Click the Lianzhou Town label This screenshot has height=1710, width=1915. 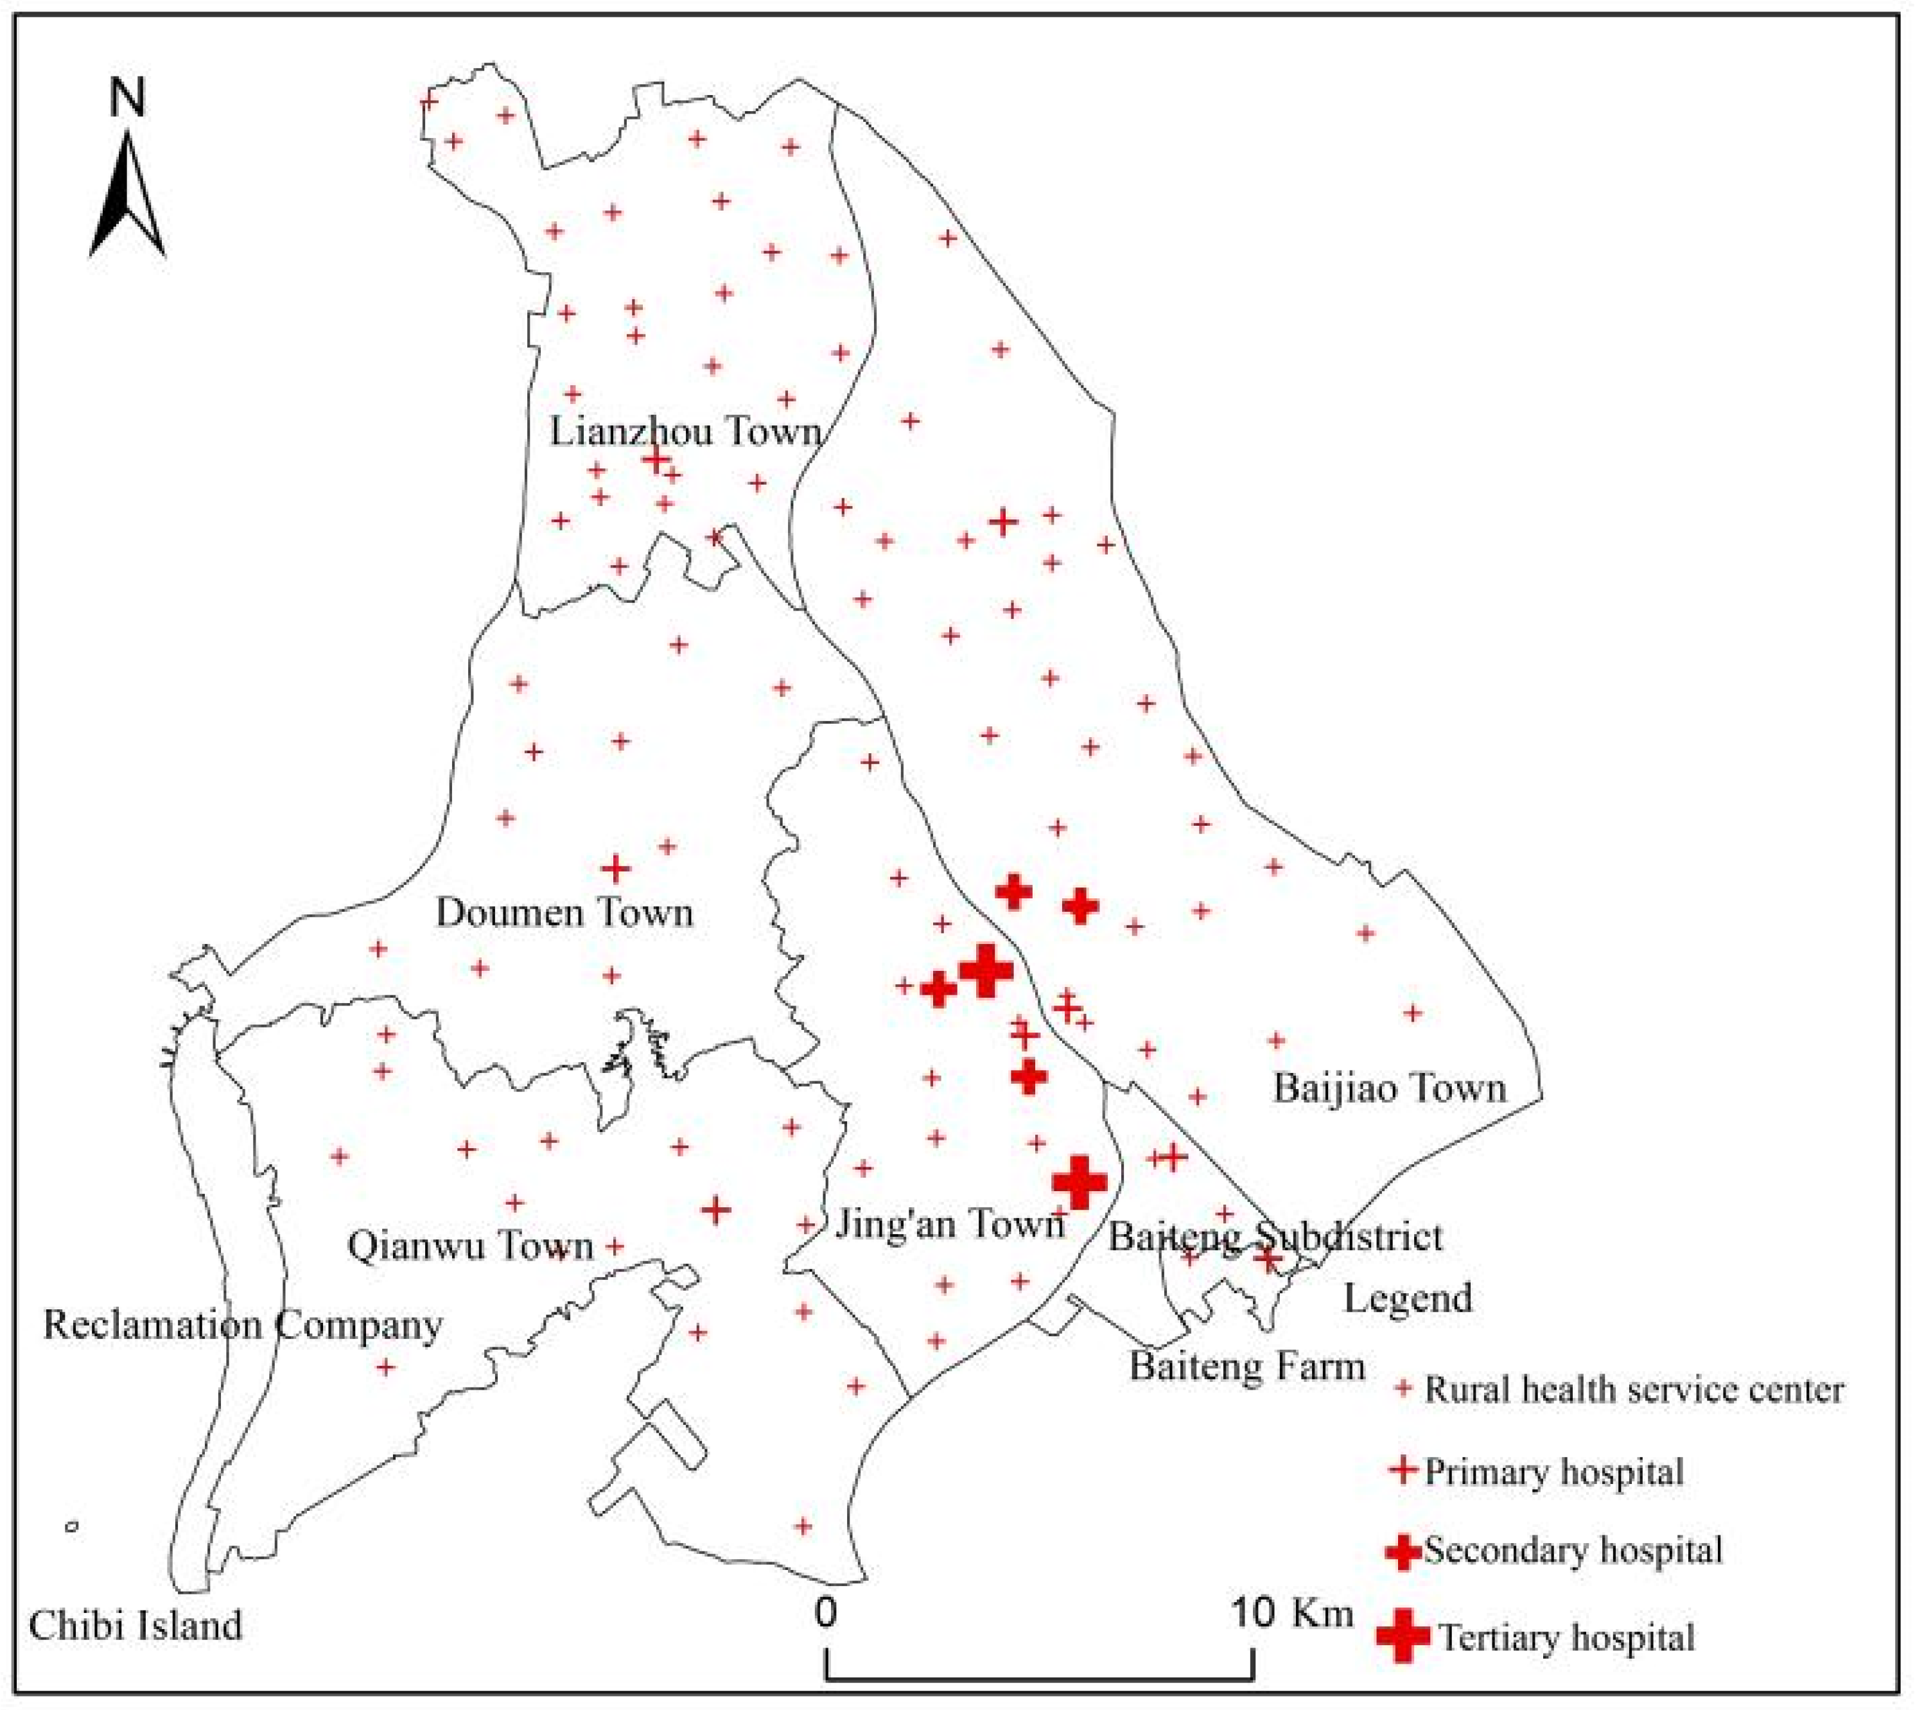click(x=685, y=432)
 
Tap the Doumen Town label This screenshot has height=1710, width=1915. click(x=564, y=912)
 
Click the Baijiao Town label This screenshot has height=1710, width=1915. click(x=1389, y=1088)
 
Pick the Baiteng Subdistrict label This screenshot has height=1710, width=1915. click(x=1275, y=1237)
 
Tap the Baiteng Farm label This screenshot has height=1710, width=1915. click(x=1247, y=1366)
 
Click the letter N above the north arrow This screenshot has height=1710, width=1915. click(x=128, y=98)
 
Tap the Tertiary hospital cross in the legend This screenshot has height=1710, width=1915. click(x=1402, y=1636)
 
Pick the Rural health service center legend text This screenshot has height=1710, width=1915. click(x=1634, y=1390)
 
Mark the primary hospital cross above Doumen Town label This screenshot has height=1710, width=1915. click(x=615, y=868)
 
